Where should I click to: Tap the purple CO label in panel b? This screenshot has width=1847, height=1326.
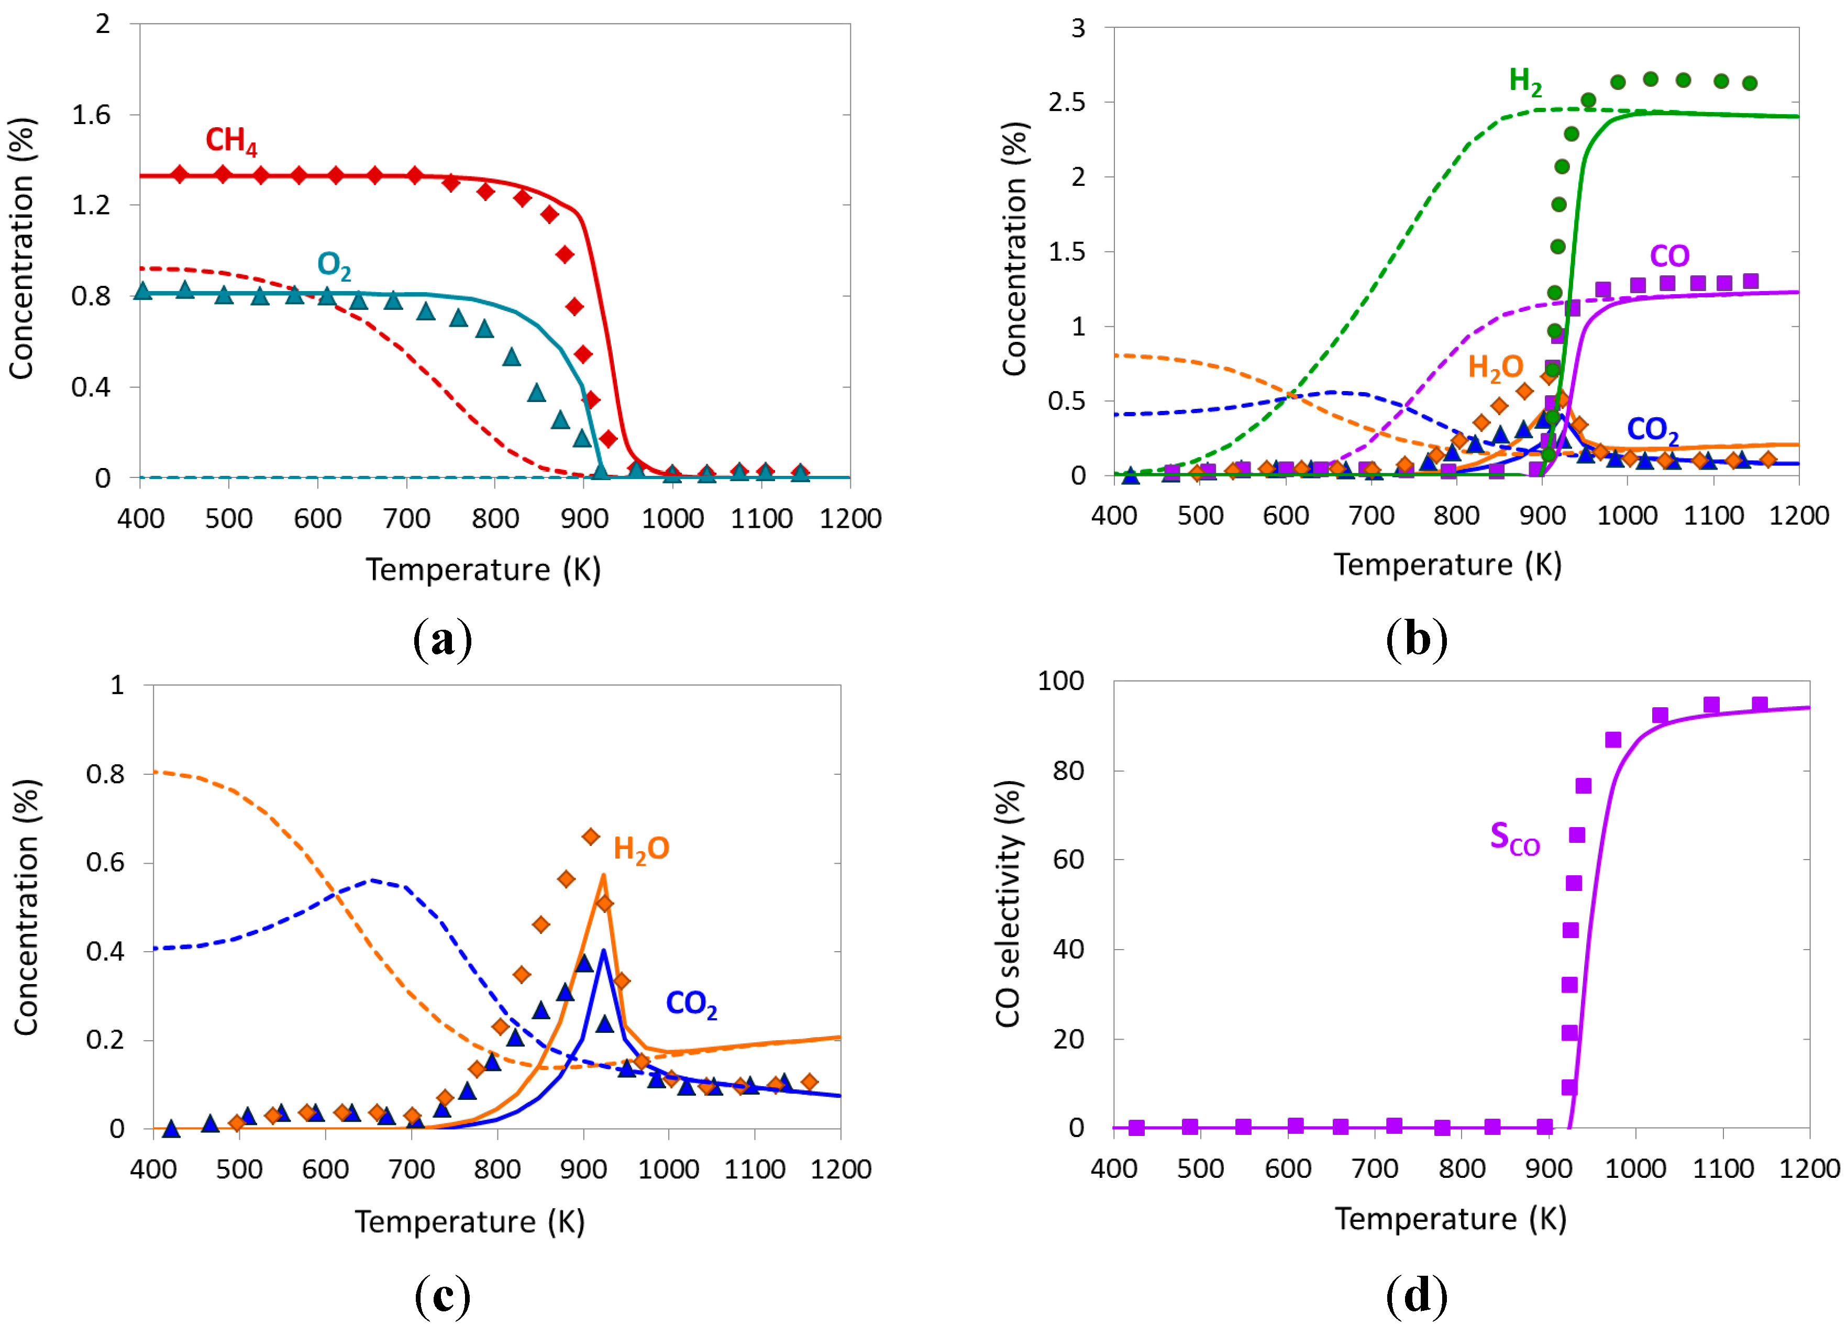pos(1668,257)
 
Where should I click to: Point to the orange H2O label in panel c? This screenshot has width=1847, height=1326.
pos(641,849)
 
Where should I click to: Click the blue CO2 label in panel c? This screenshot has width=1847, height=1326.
pos(691,1004)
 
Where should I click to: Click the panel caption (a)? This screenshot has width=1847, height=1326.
pos(442,640)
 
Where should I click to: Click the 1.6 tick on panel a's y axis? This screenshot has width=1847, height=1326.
pos(91,115)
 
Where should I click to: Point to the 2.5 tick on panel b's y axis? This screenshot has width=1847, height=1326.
pos(1066,103)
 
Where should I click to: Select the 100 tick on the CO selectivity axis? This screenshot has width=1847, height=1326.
pos(1060,681)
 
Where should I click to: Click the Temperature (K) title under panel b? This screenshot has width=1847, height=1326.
pos(1447,565)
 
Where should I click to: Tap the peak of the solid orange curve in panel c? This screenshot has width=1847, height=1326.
pos(603,875)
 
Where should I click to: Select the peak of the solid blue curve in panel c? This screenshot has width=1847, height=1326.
pos(603,951)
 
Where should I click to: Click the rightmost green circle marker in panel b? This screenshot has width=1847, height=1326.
pos(1749,83)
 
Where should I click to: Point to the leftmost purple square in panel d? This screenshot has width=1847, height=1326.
pos(1137,1128)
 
